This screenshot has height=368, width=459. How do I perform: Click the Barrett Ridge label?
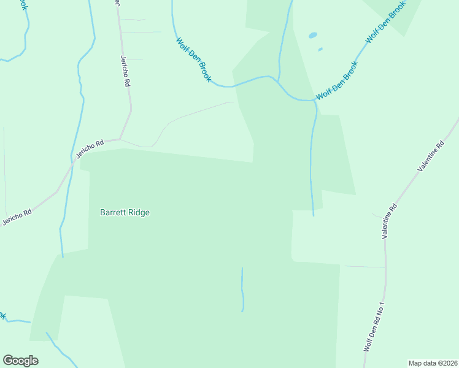pos(125,213)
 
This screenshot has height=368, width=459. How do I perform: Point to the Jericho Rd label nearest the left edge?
pos(17,217)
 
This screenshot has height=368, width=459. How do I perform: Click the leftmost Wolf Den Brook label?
pos(194,60)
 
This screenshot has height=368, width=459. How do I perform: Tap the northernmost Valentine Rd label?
pos(431,156)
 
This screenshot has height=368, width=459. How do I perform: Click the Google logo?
pos(20,361)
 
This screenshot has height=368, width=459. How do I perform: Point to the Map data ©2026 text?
pos(432,362)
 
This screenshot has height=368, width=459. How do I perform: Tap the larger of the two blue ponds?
pos(313,36)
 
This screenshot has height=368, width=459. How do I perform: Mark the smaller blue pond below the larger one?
pos(320,49)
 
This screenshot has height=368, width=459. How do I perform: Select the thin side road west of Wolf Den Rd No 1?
pos(364,267)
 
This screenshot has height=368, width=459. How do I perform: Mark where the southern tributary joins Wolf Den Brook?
pos(315,102)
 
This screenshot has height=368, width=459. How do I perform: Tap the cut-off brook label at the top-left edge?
pos(23,5)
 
